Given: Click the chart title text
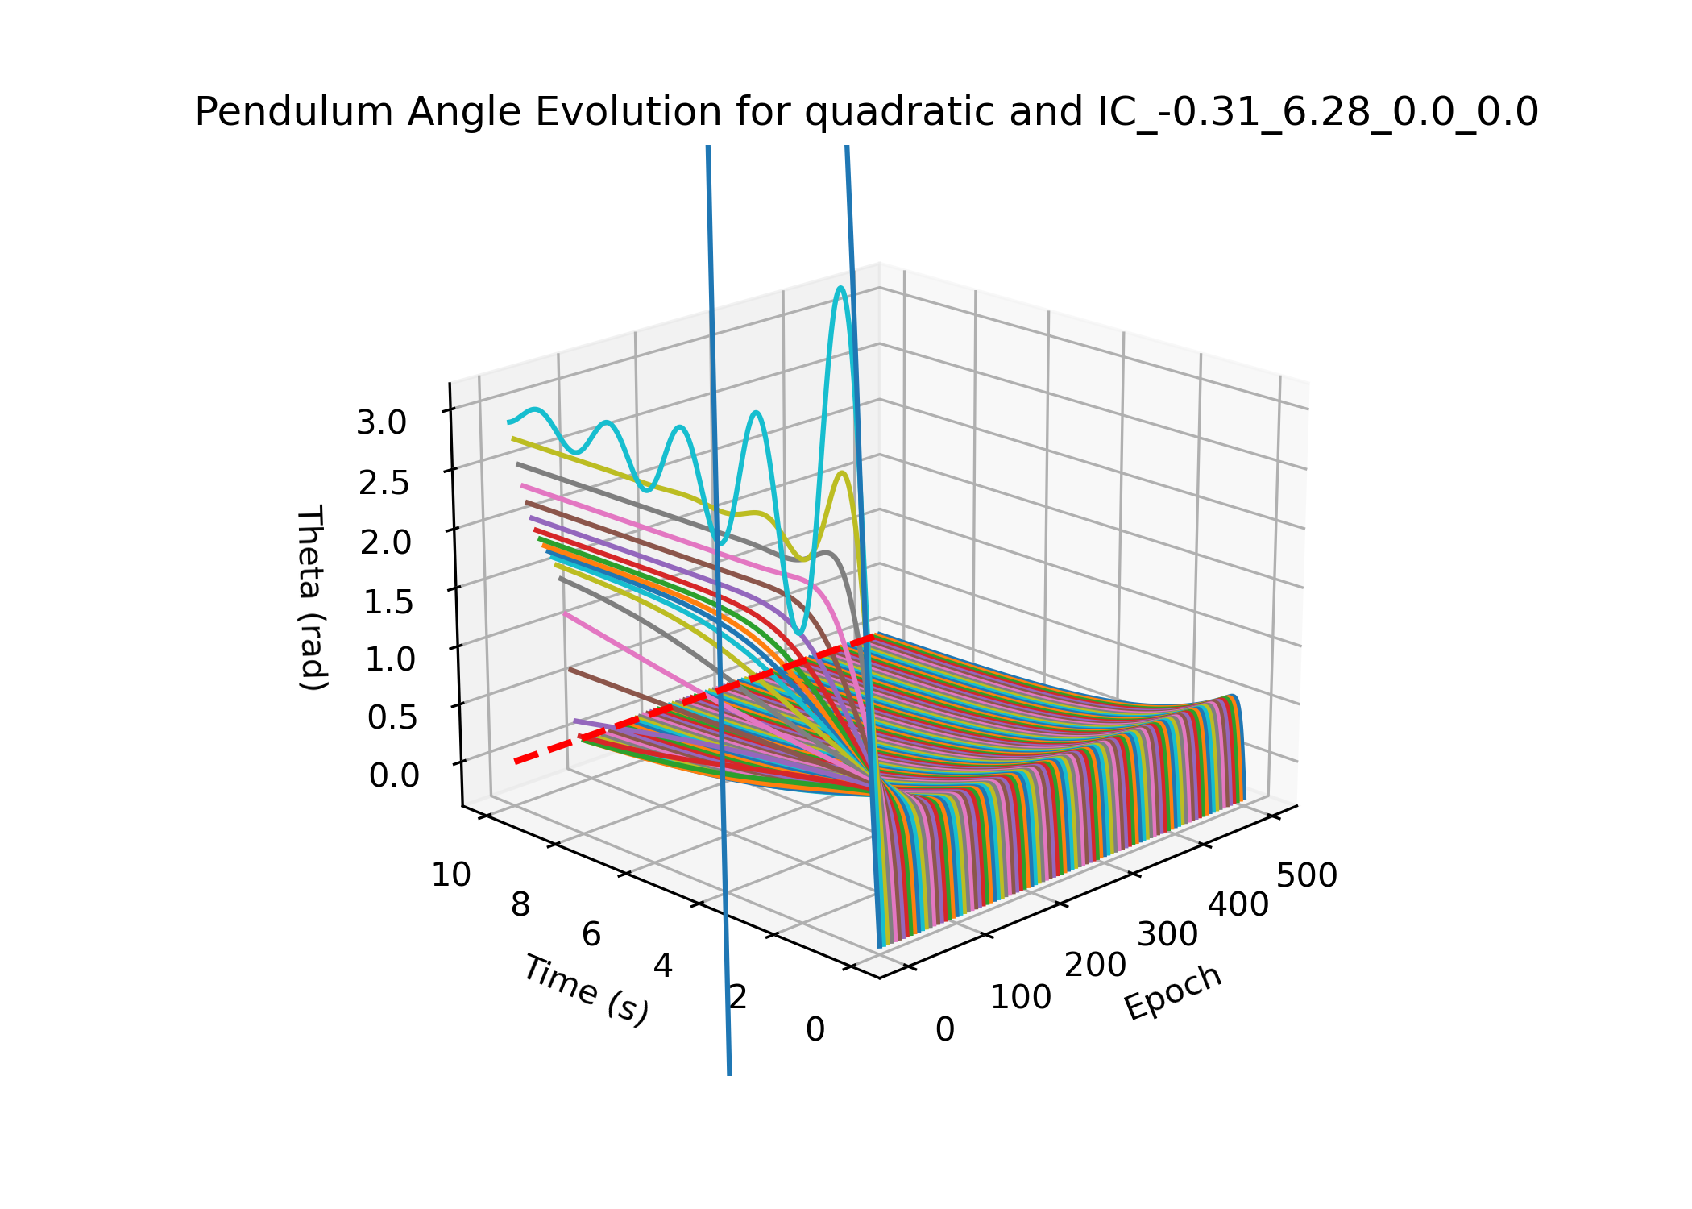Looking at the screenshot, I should click(866, 112).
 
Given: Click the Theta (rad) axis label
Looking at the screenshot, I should click(312, 598).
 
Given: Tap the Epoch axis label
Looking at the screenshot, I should click(1173, 992).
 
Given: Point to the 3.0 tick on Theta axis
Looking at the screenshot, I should click(382, 422).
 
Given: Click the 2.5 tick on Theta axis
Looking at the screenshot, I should click(384, 483).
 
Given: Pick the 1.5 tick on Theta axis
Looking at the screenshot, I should click(388, 601).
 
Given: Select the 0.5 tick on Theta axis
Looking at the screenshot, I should click(392, 717).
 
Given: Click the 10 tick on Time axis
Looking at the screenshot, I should click(451, 875).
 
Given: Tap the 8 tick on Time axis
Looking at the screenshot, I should click(520, 905).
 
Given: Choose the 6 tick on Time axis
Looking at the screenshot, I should click(591, 935).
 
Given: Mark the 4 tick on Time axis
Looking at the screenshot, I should click(662, 966).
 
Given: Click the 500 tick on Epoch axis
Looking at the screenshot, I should click(1307, 876).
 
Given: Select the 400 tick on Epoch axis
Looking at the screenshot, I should click(1238, 905).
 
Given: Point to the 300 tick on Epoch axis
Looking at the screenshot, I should click(1167, 935).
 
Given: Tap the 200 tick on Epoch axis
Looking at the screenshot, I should click(1095, 966).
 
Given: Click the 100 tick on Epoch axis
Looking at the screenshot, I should click(1021, 998).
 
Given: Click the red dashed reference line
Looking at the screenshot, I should click(693, 700).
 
